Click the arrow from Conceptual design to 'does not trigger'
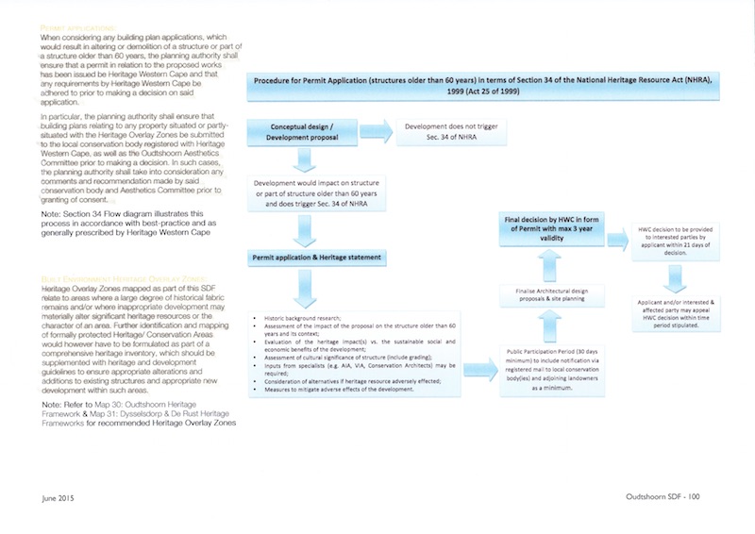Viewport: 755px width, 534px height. [x=376, y=131]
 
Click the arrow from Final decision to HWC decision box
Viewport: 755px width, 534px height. [x=620, y=238]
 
